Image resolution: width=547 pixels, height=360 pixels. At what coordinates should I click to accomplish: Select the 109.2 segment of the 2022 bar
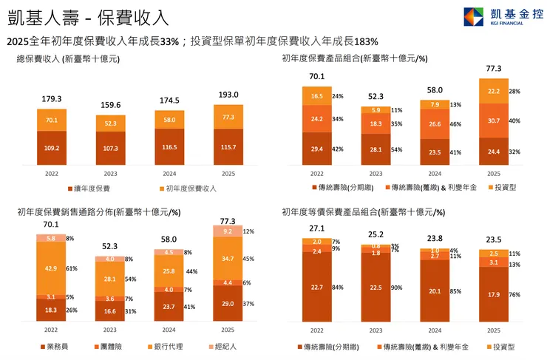point(52,148)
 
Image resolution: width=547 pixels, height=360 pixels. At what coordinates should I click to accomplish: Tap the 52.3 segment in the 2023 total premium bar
point(111,123)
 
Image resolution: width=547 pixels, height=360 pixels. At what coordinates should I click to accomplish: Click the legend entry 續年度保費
point(92,189)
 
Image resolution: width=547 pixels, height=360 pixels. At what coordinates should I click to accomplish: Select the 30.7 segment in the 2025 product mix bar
point(494,120)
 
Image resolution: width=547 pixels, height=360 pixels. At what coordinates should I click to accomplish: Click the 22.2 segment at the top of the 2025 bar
point(494,91)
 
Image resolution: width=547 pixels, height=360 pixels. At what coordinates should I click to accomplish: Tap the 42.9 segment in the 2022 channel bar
point(52,268)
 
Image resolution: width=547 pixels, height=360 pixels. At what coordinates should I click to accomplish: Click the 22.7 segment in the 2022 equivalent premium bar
point(316,287)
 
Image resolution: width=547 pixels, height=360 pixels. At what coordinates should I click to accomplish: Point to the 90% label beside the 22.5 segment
point(396,288)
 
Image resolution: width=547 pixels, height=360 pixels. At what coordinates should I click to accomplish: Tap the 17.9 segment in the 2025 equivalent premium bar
point(494,294)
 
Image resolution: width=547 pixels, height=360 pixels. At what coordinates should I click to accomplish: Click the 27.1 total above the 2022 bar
point(316,228)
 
